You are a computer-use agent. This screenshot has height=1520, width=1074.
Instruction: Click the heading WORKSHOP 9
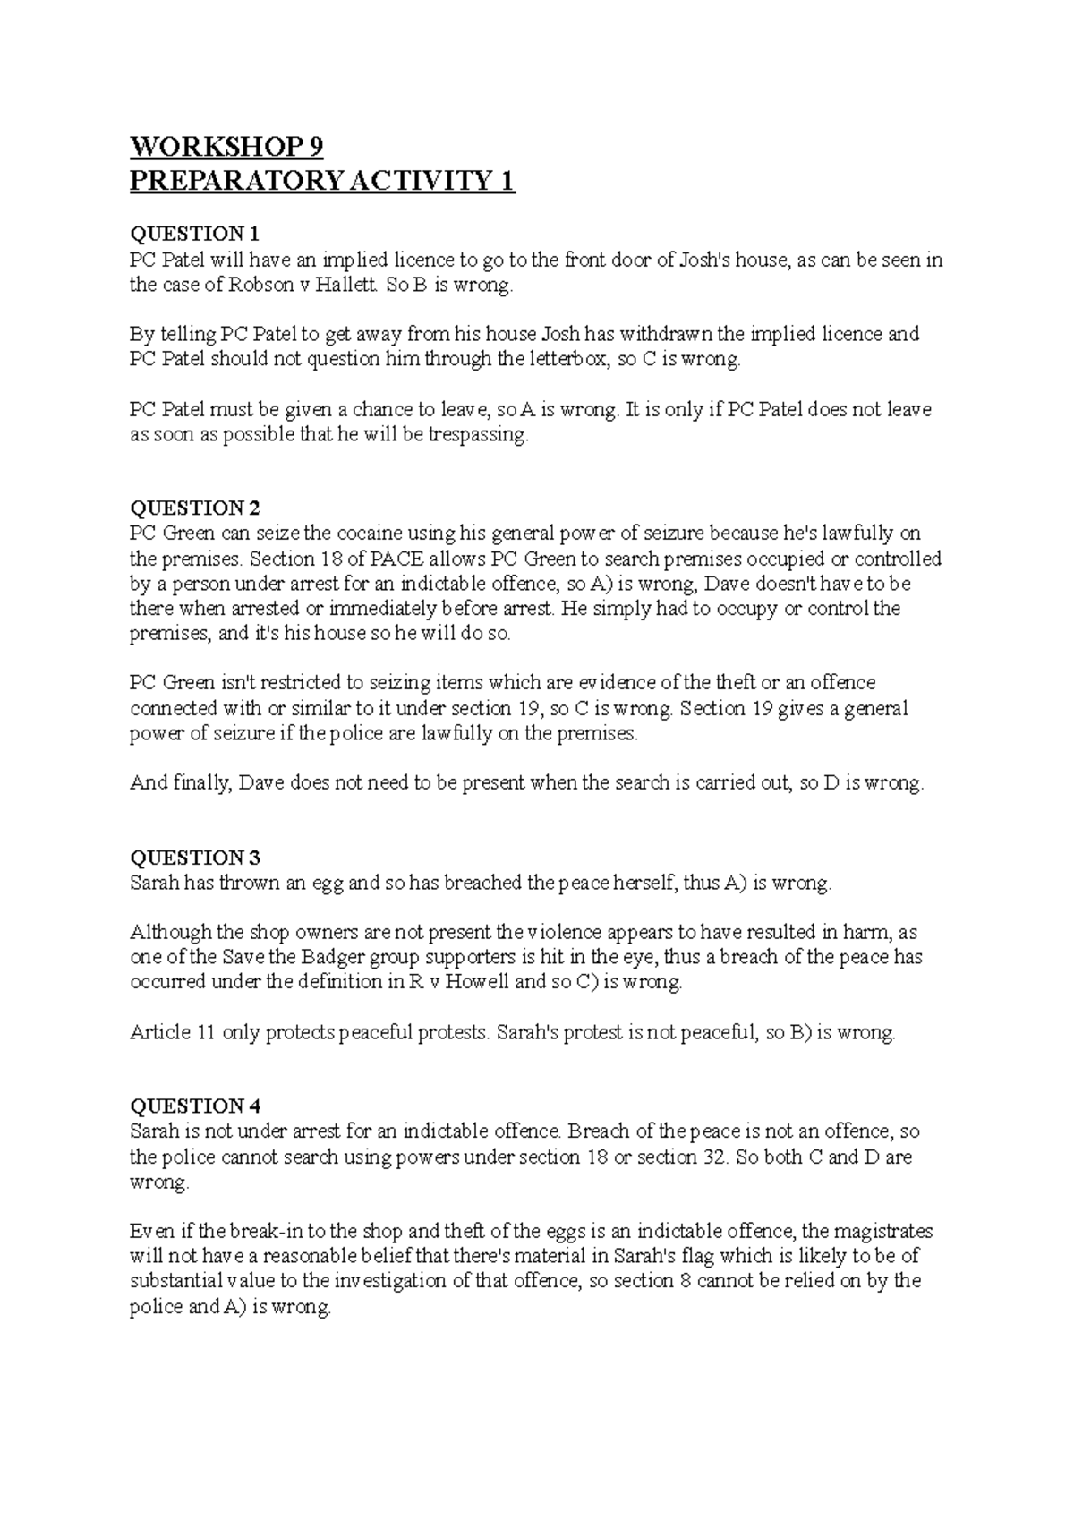coord(226,146)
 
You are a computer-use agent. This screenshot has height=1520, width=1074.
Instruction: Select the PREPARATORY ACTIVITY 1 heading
coord(322,182)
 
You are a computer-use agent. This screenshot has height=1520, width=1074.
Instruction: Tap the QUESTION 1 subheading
coord(195,235)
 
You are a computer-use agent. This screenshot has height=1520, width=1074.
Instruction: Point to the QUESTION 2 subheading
coord(195,508)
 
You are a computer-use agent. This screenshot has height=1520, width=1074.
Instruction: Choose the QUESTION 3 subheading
coord(195,858)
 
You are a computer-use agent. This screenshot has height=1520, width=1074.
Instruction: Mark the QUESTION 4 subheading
coord(195,1106)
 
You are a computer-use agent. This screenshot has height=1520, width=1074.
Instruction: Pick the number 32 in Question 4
coord(708,1157)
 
